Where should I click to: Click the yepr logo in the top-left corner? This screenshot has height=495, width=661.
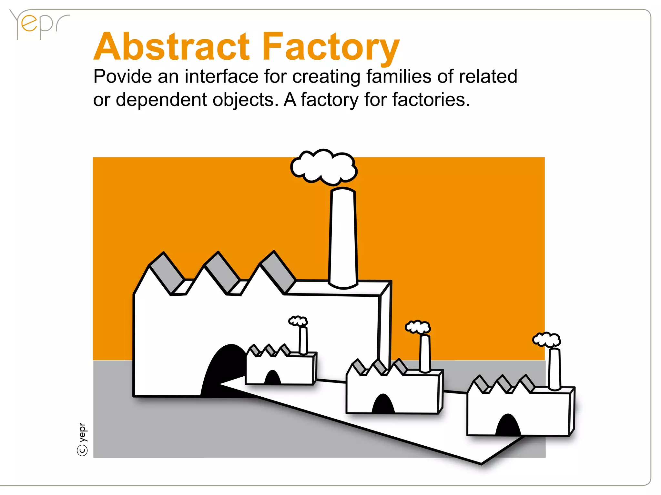(x=39, y=24)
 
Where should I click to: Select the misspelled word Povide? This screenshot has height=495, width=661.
(x=123, y=77)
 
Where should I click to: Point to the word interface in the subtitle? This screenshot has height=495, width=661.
(x=221, y=77)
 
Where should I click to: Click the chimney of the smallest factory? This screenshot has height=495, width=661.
(x=303, y=341)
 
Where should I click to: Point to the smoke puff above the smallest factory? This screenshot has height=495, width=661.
(x=298, y=321)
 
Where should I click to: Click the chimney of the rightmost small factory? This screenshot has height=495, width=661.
(x=554, y=369)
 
